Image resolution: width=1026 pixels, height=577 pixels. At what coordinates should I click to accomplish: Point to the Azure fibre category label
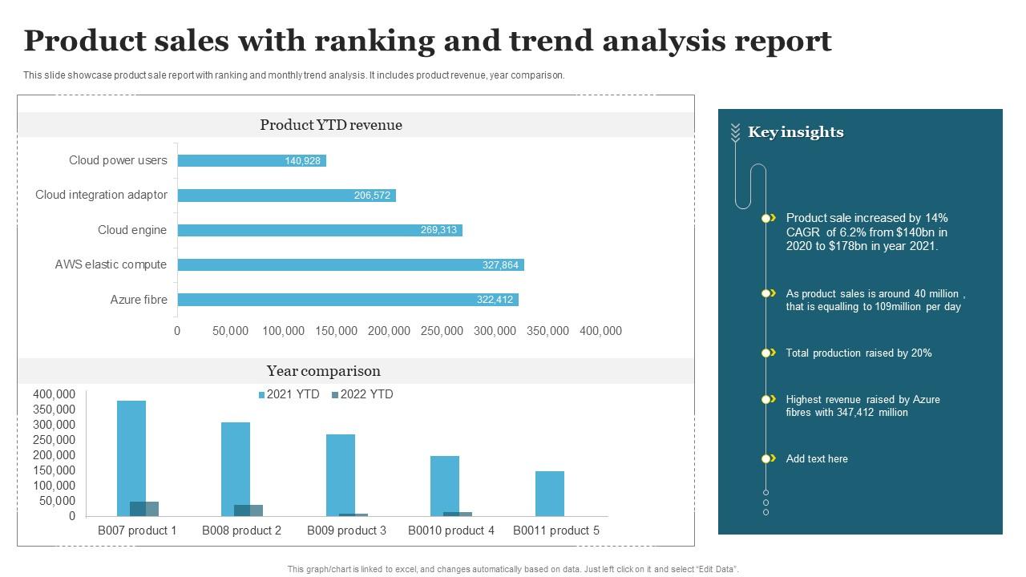tap(139, 300)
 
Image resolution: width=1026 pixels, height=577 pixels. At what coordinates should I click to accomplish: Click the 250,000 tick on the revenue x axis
tap(442, 331)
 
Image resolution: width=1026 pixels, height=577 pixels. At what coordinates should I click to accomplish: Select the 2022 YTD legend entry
tap(362, 394)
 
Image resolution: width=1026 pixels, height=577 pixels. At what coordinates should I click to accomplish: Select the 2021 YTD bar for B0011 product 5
tap(550, 494)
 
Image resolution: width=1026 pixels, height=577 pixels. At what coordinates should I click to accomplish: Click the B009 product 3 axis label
tap(346, 531)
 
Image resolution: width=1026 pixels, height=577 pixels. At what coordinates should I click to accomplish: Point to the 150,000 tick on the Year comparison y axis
tap(55, 470)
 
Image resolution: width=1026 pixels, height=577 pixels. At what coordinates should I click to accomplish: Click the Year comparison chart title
tap(324, 371)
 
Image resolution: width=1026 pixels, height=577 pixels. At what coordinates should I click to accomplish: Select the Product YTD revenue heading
tap(331, 125)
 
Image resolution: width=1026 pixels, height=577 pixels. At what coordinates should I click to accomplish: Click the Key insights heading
tap(795, 132)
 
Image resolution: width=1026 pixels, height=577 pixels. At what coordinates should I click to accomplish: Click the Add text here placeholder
tap(817, 459)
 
